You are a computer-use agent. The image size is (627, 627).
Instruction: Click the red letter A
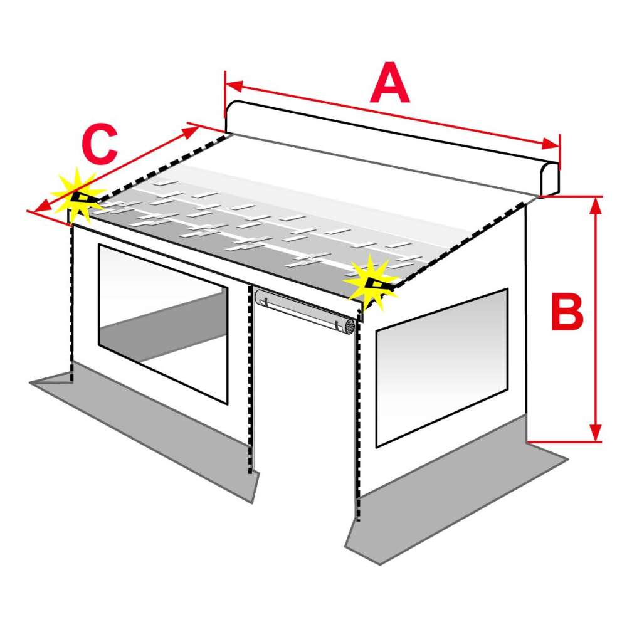pyautogui.click(x=389, y=83)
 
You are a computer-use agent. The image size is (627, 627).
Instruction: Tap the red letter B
pyautogui.click(x=567, y=312)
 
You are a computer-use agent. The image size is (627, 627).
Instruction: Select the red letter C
pyautogui.click(x=100, y=144)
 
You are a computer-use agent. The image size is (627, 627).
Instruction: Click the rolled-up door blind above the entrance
pyautogui.click(x=305, y=311)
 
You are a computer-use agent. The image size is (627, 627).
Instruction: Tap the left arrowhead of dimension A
pyautogui.click(x=234, y=86)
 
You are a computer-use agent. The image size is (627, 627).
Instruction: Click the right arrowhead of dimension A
pyautogui.click(x=551, y=144)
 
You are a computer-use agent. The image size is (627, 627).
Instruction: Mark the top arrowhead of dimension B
pyautogui.click(x=596, y=206)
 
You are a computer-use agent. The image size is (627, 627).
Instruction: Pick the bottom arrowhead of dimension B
pyautogui.click(x=596, y=433)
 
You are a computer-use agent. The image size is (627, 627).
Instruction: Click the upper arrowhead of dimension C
pyautogui.click(x=191, y=131)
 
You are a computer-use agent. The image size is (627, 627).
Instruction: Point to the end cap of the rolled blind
pyautogui.click(x=349, y=327)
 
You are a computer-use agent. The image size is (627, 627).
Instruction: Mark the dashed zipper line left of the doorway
pyautogui.click(x=251, y=379)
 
